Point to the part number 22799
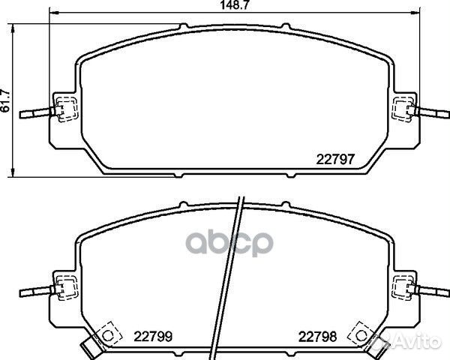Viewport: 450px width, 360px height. coord(152,335)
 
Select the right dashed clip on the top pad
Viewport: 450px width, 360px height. coord(402,109)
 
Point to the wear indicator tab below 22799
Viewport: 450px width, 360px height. coord(89,348)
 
